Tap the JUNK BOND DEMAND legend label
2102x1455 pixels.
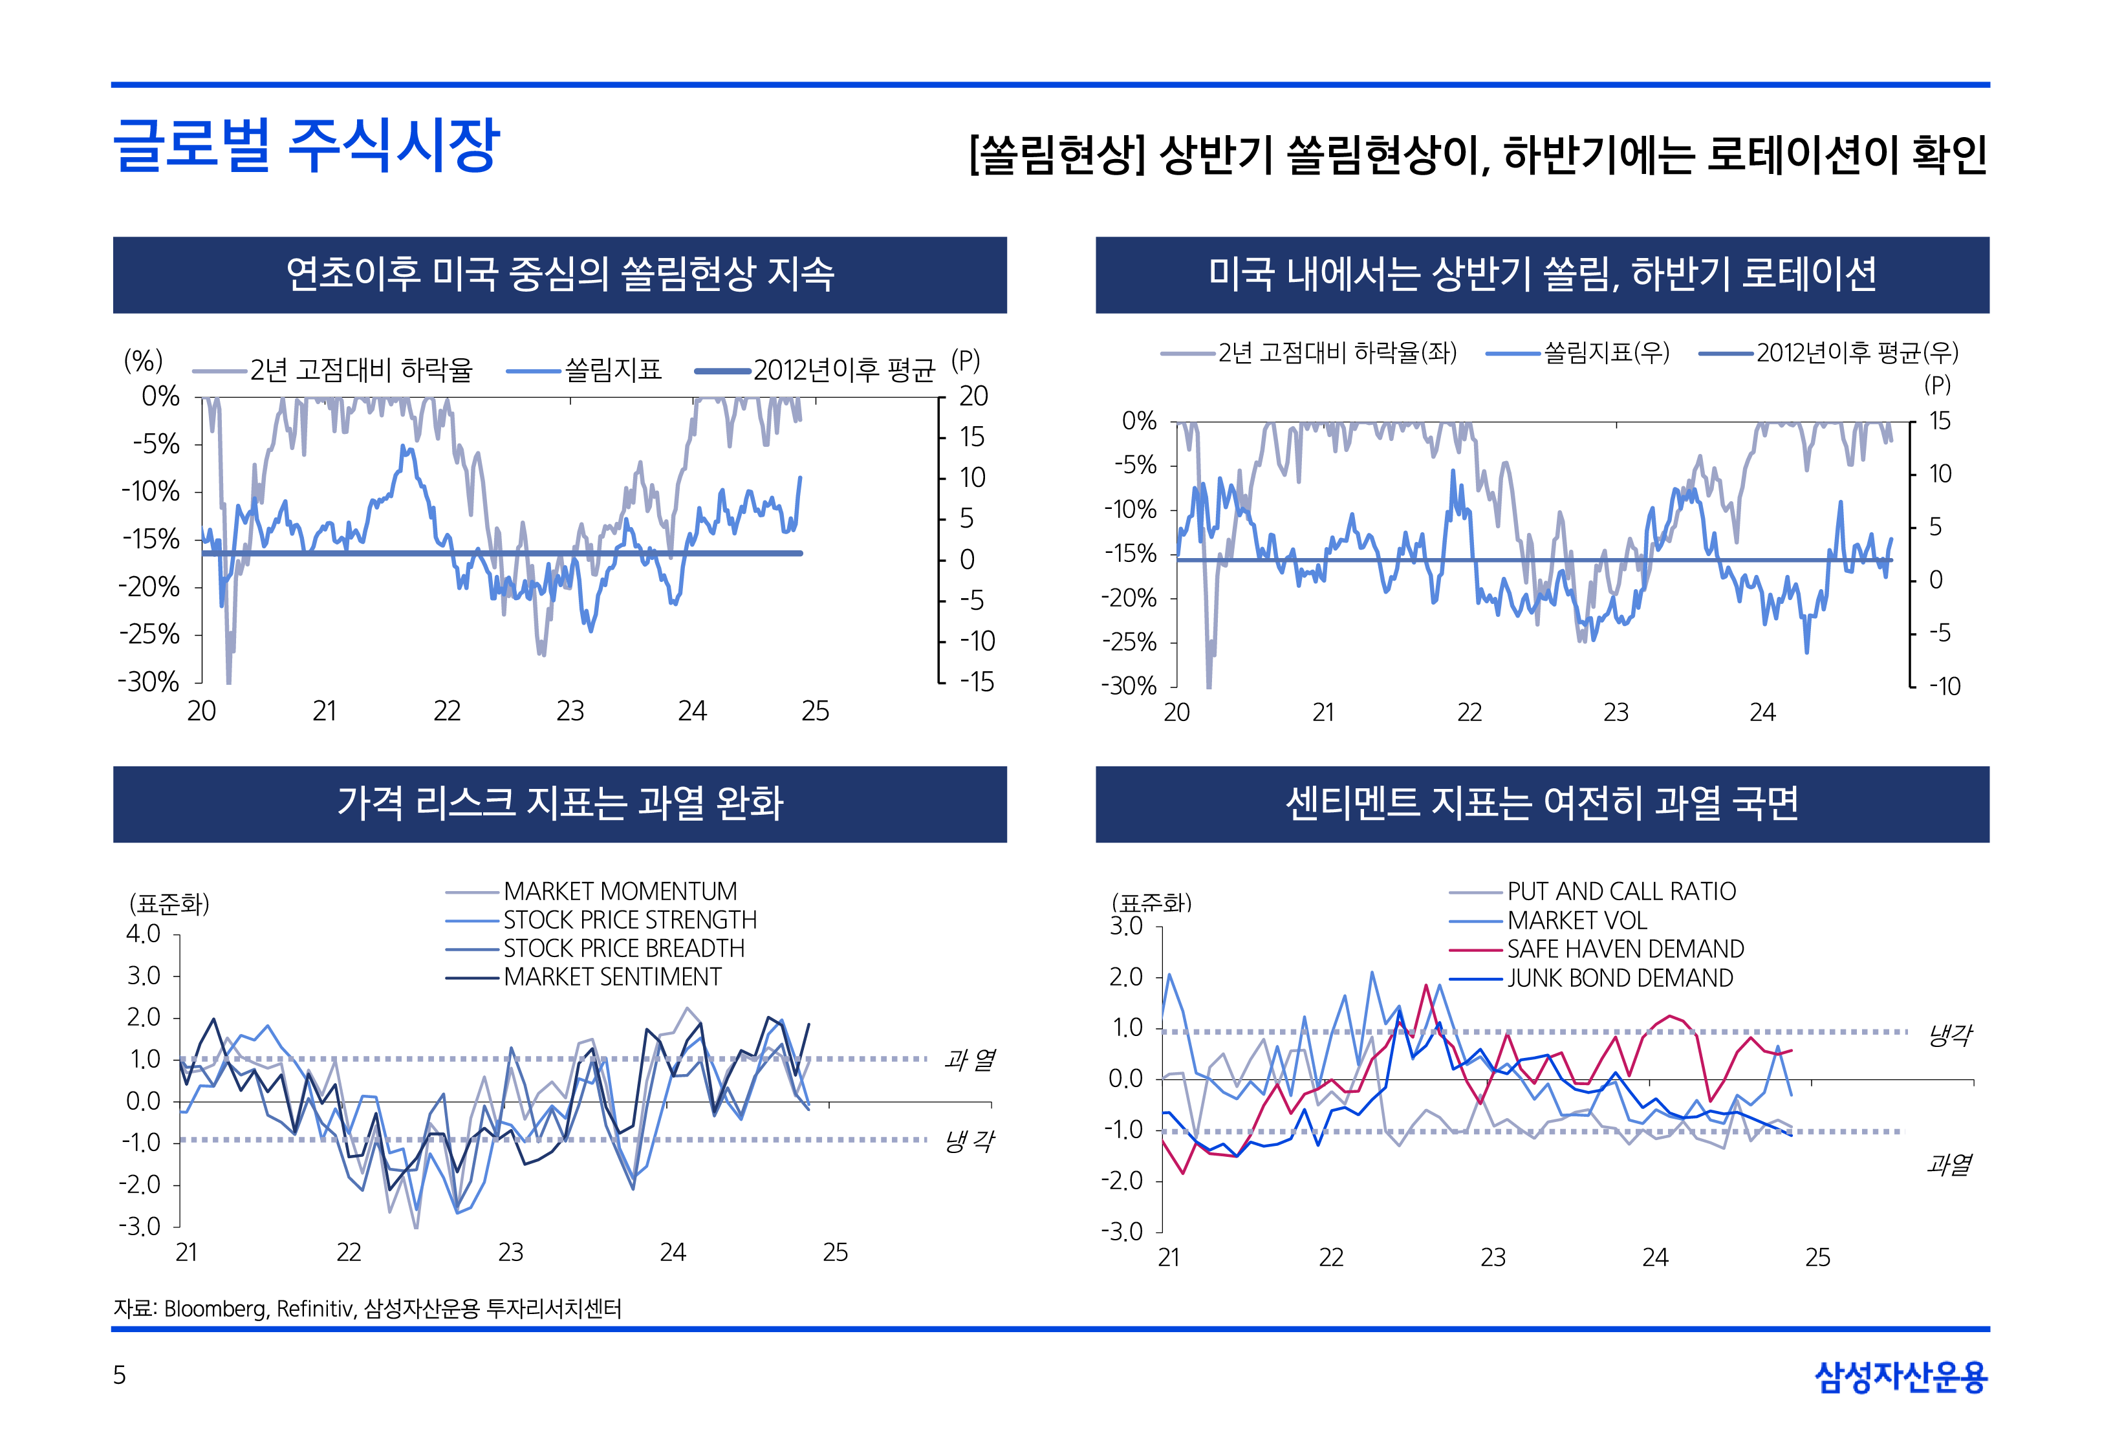point(1620,978)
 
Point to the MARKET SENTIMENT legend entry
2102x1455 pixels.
point(612,976)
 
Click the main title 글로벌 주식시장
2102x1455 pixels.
point(307,146)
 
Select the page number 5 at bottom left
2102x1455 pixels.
point(120,1375)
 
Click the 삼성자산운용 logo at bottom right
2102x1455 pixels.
point(1901,1377)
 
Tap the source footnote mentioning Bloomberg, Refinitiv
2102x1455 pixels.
point(367,1308)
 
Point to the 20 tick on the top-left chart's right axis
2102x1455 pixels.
point(973,396)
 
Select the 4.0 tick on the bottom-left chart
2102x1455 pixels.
point(143,934)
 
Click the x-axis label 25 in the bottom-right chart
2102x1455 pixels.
point(1817,1257)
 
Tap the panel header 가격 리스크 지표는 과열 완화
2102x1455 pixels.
point(559,803)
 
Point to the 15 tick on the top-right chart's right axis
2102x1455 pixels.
point(1940,421)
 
